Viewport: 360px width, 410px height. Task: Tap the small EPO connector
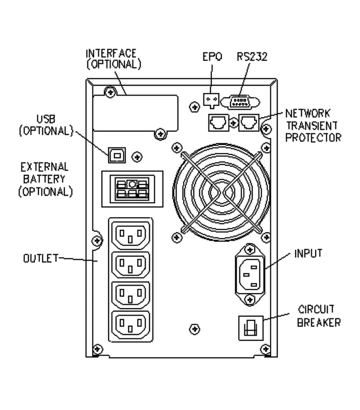211,100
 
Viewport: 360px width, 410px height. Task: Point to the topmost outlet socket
130,235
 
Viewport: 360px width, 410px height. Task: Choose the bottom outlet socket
130,323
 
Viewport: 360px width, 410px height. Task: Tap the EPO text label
212,57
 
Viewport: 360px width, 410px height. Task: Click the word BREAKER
318,322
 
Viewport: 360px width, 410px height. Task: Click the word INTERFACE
111,53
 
